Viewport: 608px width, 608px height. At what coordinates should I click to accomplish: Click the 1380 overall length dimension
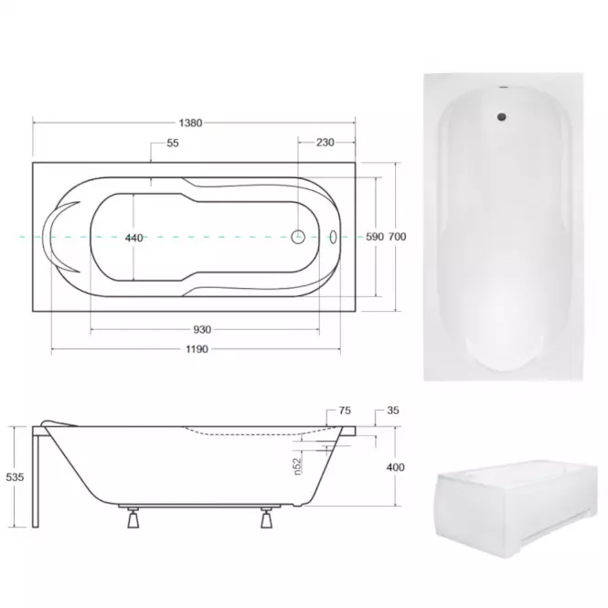click(190, 123)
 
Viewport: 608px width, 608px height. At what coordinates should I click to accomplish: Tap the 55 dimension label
click(173, 143)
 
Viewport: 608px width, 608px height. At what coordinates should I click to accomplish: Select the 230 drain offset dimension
click(325, 143)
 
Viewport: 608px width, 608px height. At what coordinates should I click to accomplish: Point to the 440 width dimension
click(133, 238)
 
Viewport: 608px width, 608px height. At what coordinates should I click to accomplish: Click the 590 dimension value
click(375, 237)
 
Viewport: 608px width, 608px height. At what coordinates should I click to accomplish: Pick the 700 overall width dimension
click(398, 237)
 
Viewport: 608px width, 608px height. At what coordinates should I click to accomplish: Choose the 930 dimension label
click(202, 329)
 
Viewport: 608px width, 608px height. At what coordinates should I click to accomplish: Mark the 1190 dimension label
click(197, 349)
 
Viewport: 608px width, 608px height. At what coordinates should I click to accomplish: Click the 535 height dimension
click(15, 477)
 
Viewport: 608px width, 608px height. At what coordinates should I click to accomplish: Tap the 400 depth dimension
click(396, 467)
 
